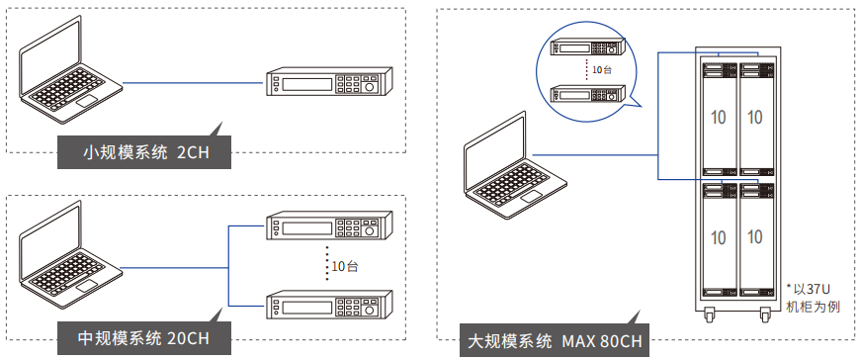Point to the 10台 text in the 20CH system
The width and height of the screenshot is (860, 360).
click(x=345, y=265)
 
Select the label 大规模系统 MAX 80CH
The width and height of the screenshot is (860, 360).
click(x=553, y=342)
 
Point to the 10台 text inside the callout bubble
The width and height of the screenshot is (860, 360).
click(x=602, y=70)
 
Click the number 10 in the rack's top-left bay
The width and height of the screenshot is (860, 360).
click(x=718, y=117)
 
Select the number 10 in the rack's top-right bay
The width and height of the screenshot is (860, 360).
click(x=754, y=117)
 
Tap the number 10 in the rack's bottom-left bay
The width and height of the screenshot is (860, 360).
click(x=718, y=237)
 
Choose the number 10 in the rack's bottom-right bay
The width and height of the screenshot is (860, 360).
click(x=754, y=237)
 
